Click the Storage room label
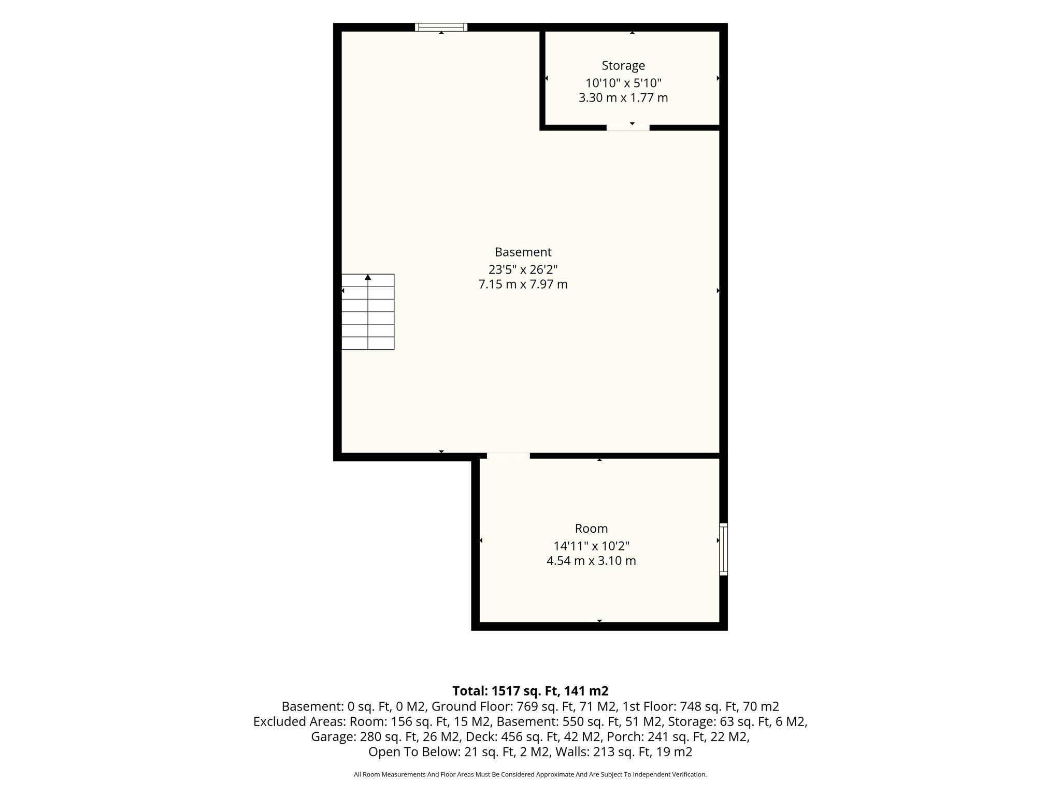coord(623,66)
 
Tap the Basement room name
coord(523,252)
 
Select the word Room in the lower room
coord(591,529)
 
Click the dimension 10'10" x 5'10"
coord(624,83)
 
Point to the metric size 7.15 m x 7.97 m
coord(523,285)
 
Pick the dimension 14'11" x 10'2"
coord(592,546)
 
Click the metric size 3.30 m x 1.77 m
coord(623,98)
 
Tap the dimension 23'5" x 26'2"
coord(523,269)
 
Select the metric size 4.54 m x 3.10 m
coord(592,561)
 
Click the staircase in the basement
coord(368,311)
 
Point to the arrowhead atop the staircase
coord(368,277)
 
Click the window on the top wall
coord(441,27)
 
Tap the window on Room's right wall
coord(724,549)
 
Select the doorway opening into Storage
coord(628,127)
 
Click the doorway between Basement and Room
coord(508,456)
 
